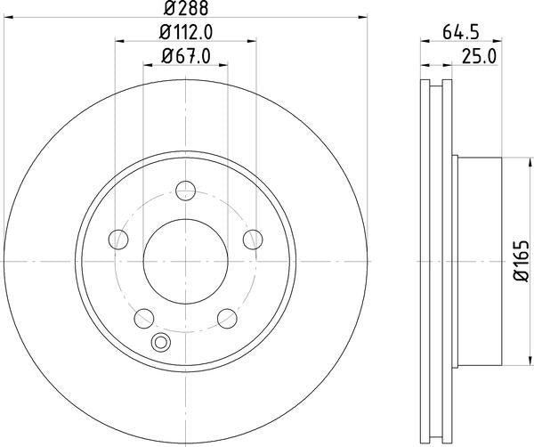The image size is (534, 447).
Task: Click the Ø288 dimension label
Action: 185,8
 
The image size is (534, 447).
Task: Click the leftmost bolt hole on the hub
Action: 117,238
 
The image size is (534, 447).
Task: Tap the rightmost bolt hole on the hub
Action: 253,238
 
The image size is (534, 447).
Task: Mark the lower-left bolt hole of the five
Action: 143,317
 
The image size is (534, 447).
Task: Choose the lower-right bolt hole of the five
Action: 227,317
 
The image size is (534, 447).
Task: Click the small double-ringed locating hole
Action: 161,341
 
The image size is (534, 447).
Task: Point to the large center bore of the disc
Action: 185,259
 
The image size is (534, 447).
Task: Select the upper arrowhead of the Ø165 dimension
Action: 506,160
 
